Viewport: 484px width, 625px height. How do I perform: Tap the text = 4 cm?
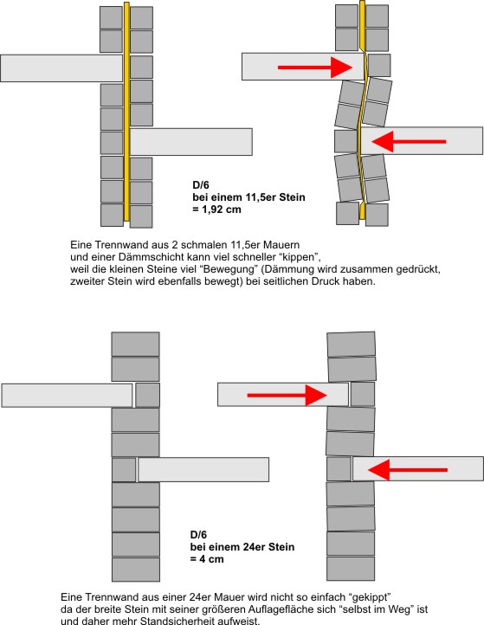pyautogui.click(x=207, y=559)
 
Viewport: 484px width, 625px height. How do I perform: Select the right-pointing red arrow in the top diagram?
pyautogui.click(x=315, y=67)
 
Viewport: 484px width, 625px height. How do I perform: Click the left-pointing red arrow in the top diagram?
pyautogui.click(x=409, y=141)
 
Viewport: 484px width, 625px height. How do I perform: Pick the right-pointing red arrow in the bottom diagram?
pyautogui.click(x=287, y=395)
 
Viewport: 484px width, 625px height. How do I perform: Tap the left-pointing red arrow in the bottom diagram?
pyautogui.click(x=408, y=470)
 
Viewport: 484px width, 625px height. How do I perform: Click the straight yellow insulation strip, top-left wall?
pyautogui.click(x=126, y=112)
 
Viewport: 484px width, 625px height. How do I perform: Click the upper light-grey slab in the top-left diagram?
pyautogui.click(x=61, y=68)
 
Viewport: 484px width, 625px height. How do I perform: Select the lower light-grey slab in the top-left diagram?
pyautogui.click(x=191, y=142)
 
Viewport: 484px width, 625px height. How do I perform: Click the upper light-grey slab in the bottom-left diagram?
pyautogui.click(x=67, y=396)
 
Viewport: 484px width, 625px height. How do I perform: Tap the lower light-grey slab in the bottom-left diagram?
pyautogui.click(x=203, y=469)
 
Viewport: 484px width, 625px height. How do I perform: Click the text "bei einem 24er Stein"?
pyautogui.click(x=242, y=547)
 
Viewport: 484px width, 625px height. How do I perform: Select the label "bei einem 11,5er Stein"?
pyautogui.click(x=248, y=197)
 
